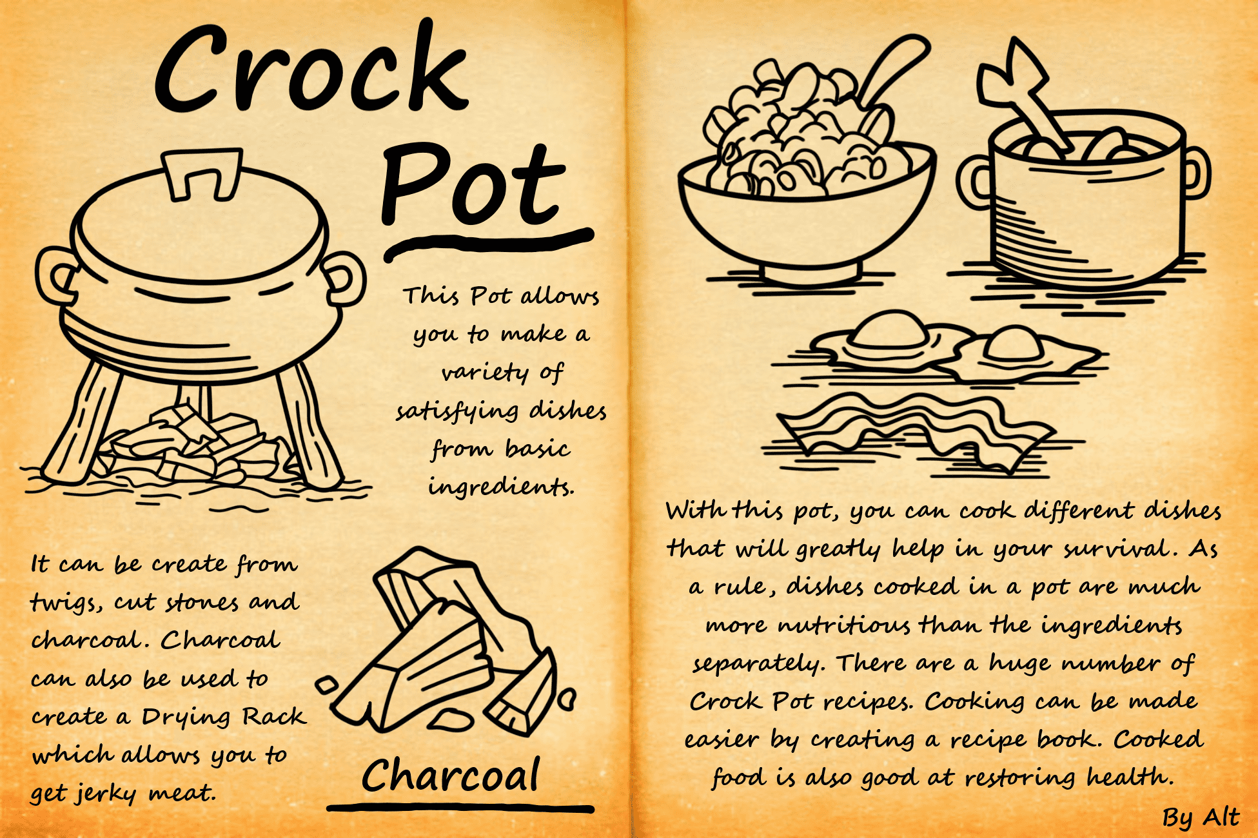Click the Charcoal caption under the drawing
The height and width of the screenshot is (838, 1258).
pos(450,775)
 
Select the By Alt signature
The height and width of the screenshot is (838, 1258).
pos(1201,817)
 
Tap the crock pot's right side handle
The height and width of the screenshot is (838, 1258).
pos(346,278)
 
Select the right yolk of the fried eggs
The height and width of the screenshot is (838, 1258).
pos(1013,344)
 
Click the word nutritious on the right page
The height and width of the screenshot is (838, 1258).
pos(844,625)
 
